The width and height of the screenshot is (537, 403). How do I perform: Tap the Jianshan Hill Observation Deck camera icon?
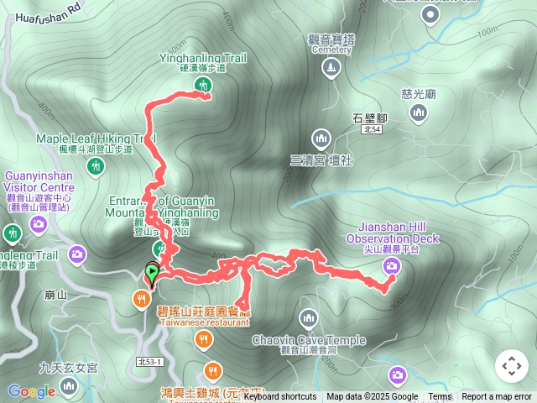pos(391,267)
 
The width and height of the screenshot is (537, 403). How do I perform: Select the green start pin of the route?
pos(152,273)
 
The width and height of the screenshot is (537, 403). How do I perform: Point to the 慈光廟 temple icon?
pos(419,114)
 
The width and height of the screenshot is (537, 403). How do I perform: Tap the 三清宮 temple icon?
pos(321,138)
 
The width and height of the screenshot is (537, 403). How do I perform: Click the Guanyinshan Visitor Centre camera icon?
pos(38,224)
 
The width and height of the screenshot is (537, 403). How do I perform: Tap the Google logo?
pos(31,391)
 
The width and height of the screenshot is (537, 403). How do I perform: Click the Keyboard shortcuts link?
pos(279,397)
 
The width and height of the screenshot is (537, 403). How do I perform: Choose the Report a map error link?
pos(497,397)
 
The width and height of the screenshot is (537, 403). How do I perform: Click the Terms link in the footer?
pos(440,397)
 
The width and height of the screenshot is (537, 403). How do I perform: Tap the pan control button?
pos(511,366)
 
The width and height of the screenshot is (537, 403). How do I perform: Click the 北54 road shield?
pos(372,128)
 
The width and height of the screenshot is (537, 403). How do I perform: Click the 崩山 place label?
pos(55,295)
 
